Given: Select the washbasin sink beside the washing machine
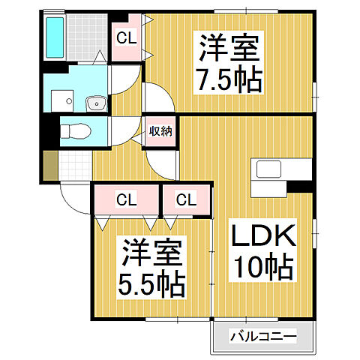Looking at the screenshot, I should [96, 102].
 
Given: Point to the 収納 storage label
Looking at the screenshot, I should [160, 130].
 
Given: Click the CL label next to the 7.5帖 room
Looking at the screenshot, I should [127, 37].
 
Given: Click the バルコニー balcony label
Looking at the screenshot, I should [263, 335].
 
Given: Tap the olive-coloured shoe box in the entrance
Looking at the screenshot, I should [49, 165].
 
